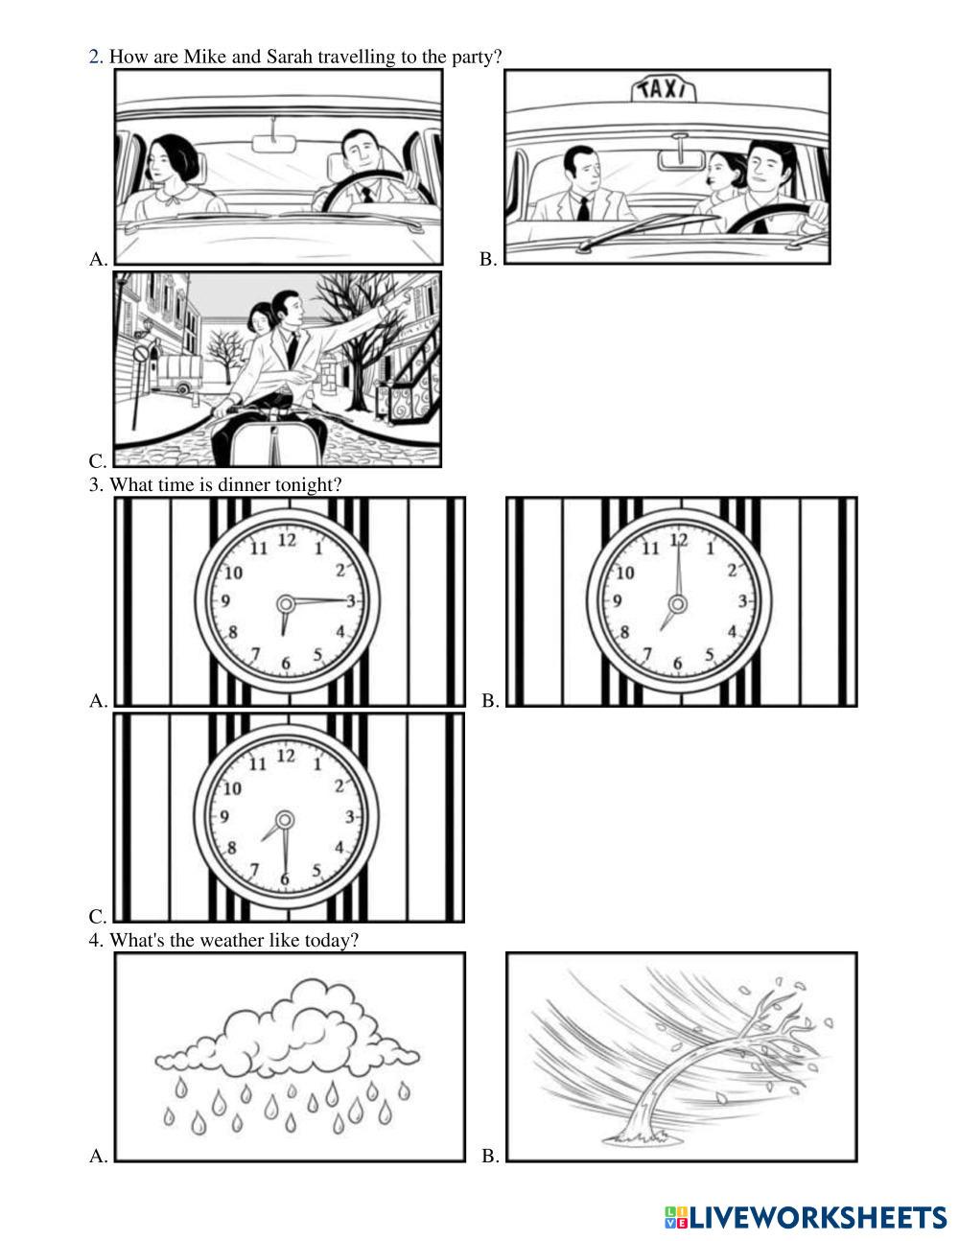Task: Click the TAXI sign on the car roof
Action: click(664, 91)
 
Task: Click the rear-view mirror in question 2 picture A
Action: click(274, 144)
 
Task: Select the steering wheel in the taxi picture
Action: click(771, 220)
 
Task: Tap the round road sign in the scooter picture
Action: click(140, 354)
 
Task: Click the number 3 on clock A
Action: click(351, 600)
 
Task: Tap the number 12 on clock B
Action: click(678, 539)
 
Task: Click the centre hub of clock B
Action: click(678, 603)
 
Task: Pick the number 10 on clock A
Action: click(233, 573)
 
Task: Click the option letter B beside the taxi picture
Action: click(487, 259)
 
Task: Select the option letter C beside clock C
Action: click(98, 916)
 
